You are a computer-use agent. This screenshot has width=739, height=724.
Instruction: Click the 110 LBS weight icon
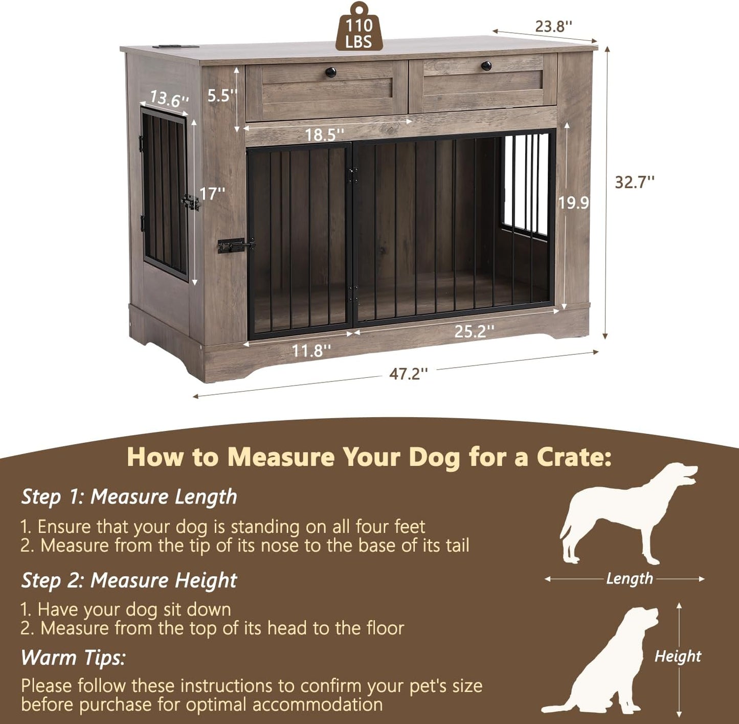coord(359,28)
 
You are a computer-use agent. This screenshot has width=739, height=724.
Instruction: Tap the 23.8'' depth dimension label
coord(553,26)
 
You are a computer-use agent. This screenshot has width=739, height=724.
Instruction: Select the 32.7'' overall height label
coord(634,182)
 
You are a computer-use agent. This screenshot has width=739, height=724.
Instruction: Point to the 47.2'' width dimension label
coord(408,374)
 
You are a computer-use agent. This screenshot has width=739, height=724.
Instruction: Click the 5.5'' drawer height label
coord(222,96)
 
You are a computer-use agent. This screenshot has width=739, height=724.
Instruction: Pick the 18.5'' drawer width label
coord(324,135)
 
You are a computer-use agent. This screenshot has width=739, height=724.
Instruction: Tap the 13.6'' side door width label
coord(169,98)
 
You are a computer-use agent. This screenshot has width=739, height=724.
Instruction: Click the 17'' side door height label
coord(212,194)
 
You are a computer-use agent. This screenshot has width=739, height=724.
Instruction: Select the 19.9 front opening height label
coord(573,203)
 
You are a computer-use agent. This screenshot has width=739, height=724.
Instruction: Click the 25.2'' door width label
coord(474,331)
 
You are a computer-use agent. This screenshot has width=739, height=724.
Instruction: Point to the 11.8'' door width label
coord(311,351)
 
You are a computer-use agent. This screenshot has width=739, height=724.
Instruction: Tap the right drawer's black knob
coord(486,65)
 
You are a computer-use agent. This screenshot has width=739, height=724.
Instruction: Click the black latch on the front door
coord(235,245)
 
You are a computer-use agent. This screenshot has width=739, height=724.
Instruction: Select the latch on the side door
coord(191,202)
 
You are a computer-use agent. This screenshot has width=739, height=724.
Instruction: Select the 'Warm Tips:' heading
coord(73,658)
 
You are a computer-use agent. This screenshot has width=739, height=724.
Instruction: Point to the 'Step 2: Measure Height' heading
coord(129,580)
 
